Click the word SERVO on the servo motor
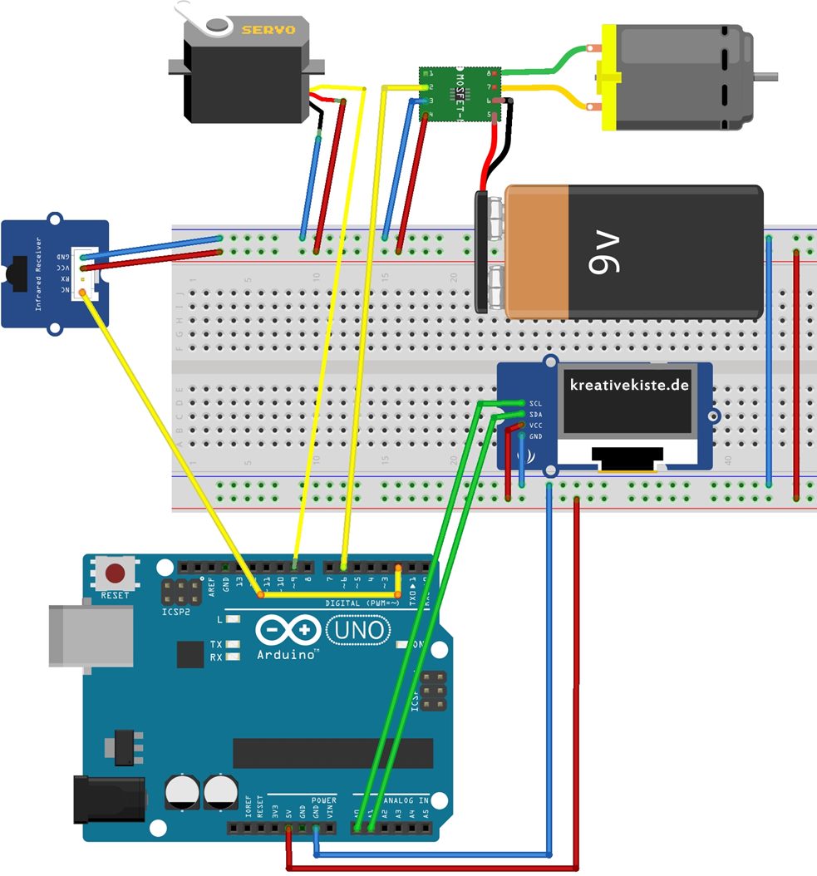pyautogui.click(x=268, y=29)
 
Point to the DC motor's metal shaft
pyautogui.click(x=766, y=76)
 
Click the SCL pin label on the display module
pyautogui.click(x=536, y=403)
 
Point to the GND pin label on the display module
pyautogui.click(x=536, y=436)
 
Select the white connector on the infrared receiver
pyautogui.click(x=86, y=273)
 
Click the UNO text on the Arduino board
pyautogui.click(x=359, y=632)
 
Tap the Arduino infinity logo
pyautogui.click(x=289, y=631)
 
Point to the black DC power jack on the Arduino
pyautogui.click(x=108, y=799)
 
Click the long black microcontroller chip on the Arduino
pyautogui.click(x=332, y=753)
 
